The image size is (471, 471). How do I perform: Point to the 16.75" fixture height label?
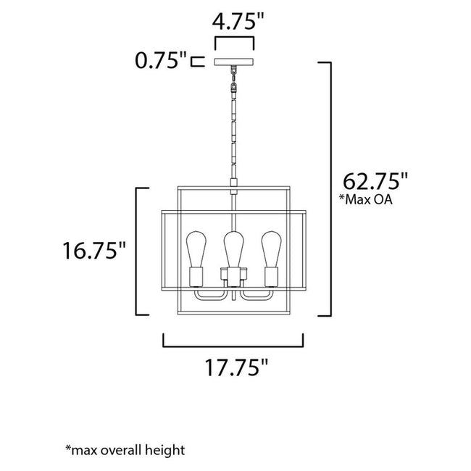95,252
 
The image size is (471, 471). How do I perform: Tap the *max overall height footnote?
125,450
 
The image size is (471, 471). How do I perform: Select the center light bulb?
233,248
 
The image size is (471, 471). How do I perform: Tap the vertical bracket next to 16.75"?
139,251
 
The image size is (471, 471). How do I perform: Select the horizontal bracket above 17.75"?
233,339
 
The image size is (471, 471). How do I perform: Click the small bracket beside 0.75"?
196,61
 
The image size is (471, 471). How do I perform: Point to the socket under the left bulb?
196,278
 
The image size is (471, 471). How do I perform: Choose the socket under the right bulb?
272,278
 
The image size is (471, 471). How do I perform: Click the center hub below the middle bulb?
233,278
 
